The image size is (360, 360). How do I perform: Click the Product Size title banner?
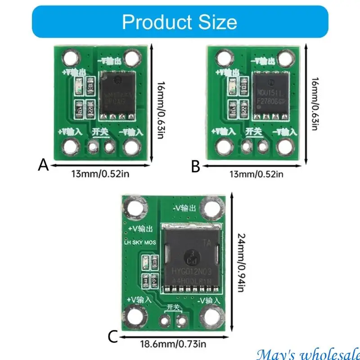180,21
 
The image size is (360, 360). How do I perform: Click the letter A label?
43,166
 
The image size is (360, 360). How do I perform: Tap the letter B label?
195,167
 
